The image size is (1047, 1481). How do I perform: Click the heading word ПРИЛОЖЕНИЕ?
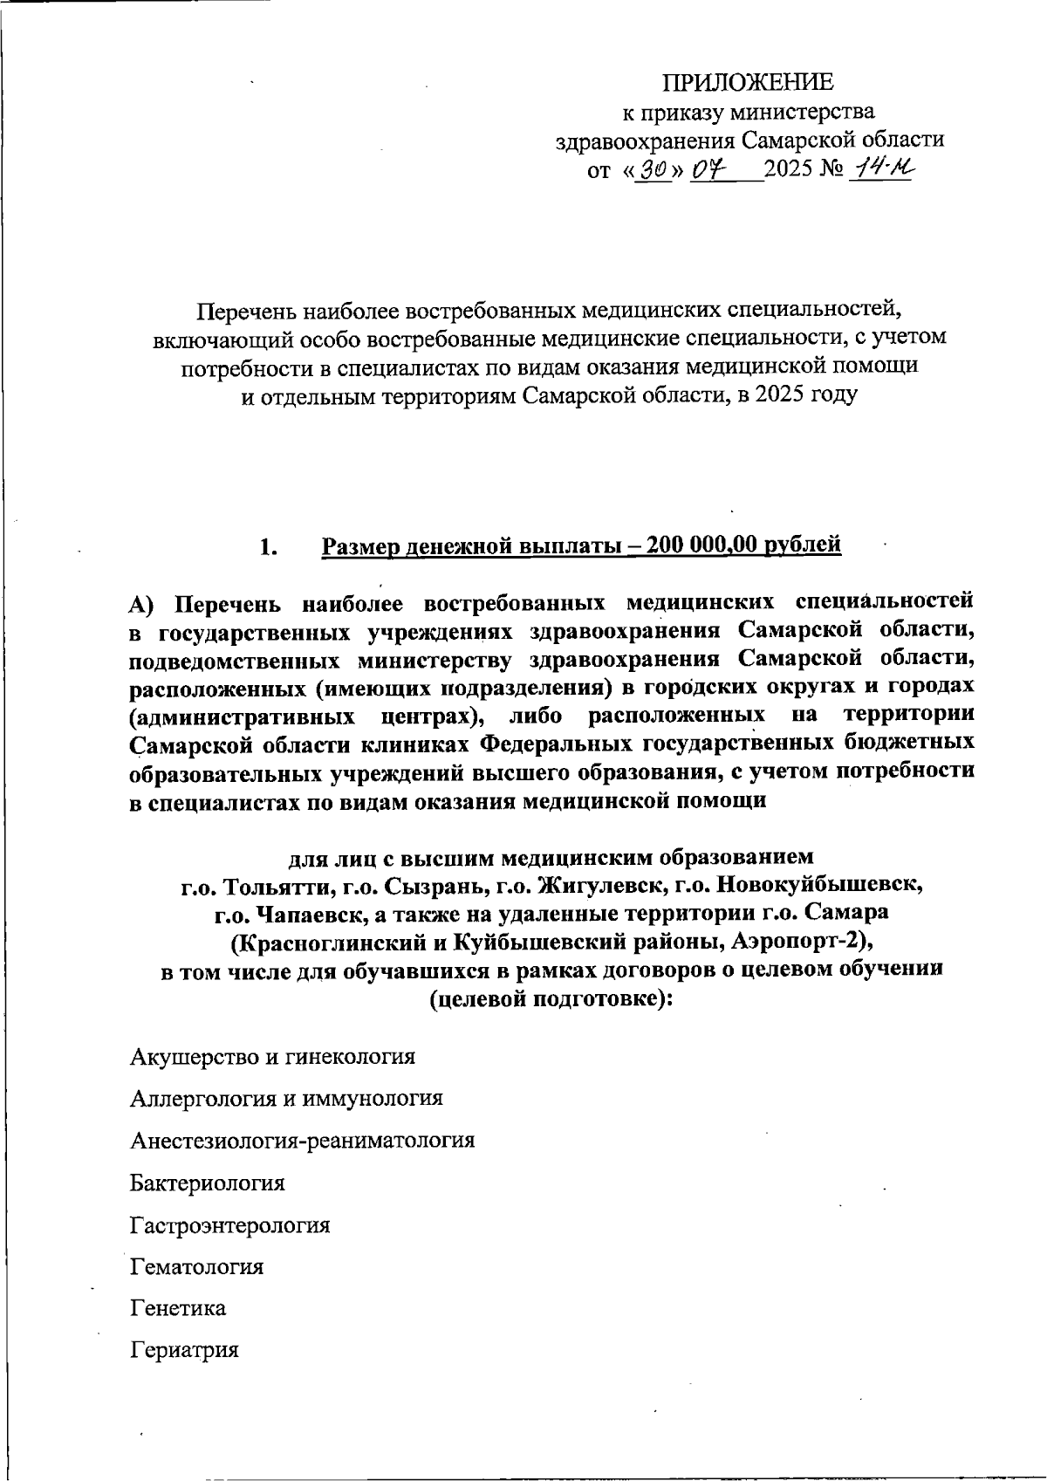click(x=748, y=83)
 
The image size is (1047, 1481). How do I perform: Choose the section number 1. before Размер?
click(x=268, y=547)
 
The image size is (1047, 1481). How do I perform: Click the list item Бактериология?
click(x=208, y=1183)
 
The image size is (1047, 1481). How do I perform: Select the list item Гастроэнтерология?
click(x=230, y=1224)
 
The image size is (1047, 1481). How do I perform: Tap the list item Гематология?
click(x=196, y=1266)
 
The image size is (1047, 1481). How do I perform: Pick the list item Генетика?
click(x=178, y=1308)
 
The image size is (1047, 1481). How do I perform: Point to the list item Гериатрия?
click(x=184, y=1350)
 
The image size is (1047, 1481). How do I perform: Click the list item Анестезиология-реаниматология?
click(x=302, y=1140)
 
